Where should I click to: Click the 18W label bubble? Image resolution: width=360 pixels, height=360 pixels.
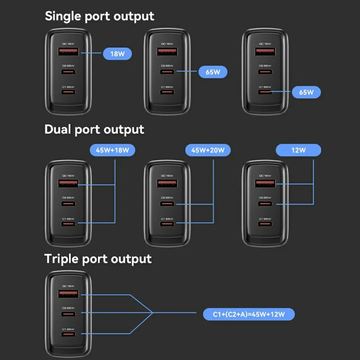tap(117, 54)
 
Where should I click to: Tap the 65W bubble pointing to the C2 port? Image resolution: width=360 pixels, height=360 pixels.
tap(213, 72)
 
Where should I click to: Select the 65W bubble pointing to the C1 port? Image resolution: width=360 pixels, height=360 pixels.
tap(306, 92)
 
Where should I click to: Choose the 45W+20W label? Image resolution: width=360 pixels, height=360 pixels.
tap(207, 150)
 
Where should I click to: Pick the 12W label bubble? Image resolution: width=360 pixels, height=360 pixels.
tap(298, 150)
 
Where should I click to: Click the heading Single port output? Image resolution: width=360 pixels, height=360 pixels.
tap(99, 16)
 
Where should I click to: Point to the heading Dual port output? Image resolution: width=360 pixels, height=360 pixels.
tap(94, 130)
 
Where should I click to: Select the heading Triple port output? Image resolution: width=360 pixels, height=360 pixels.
tap(98, 259)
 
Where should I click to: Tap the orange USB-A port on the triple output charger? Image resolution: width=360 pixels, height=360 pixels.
tap(68, 294)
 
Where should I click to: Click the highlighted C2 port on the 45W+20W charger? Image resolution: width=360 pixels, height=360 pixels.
tap(166, 205)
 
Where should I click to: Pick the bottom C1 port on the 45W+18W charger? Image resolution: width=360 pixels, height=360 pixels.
tap(68, 224)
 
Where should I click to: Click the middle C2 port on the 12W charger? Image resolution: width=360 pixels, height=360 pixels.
tap(265, 205)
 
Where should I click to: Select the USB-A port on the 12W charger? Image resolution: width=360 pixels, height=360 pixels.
tap(265, 184)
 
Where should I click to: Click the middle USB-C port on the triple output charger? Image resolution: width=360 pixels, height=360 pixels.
tap(68, 313)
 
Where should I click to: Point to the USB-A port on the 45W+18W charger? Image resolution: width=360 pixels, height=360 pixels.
tap(68, 184)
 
